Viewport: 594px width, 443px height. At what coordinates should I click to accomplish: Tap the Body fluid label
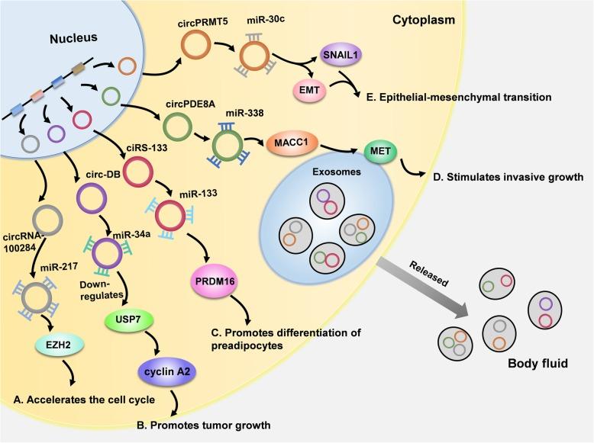pyautogui.click(x=538, y=364)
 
